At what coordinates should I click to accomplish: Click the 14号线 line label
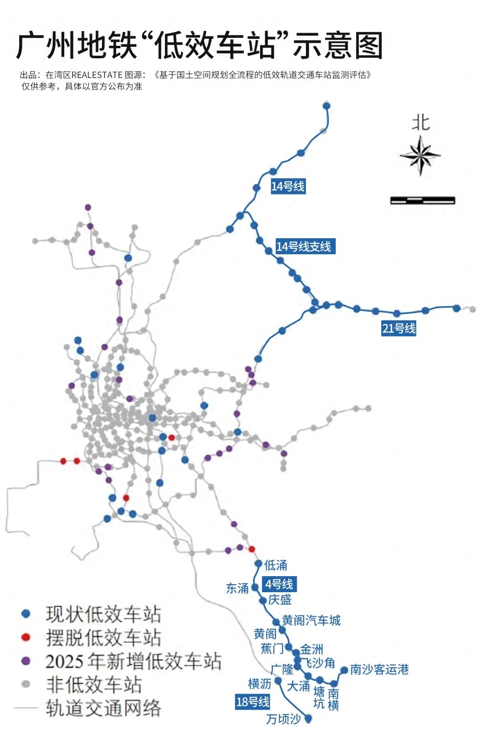[x=288, y=186]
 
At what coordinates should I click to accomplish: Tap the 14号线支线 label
[x=304, y=246]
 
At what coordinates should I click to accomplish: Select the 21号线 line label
[x=399, y=328]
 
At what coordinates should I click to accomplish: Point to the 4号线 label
[x=279, y=584]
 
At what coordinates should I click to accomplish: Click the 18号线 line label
[x=253, y=702]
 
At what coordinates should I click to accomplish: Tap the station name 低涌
[x=276, y=565]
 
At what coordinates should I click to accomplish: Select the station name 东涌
[x=237, y=588]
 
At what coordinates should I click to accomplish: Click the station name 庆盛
[x=280, y=599]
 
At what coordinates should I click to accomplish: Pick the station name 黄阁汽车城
[x=311, y=620]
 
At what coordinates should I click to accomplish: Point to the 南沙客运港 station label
[x=379, y=669]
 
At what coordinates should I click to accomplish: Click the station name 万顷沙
[x=283, y=719]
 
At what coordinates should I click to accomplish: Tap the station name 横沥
[x=259, y=683]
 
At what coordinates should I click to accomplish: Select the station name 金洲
[x=312, y=649]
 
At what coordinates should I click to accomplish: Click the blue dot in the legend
[x=26, y=614]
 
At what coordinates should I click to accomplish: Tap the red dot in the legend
[x=26, y=637]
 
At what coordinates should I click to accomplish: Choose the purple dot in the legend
[x=26, y=661]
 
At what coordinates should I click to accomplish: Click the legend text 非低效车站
[x=94, y=684]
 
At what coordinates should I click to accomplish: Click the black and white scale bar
[x=422, y=200]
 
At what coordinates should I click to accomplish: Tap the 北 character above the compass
[x=420, y=122]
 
